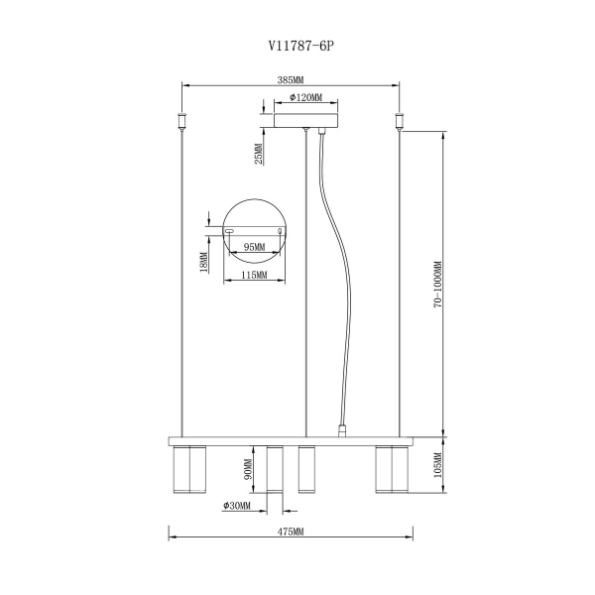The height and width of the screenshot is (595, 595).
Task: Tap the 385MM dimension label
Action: tap(291, 80)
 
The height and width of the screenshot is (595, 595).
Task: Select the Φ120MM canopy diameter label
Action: tap(305, 97)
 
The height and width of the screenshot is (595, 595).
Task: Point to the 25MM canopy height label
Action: tap(259, 154)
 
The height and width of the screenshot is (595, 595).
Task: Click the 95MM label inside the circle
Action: tap(254, 247)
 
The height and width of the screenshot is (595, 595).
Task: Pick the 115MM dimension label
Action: tap(254, 275)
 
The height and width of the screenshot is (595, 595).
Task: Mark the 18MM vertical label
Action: tap(203, 263)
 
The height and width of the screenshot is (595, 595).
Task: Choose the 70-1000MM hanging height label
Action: tap(438, 284)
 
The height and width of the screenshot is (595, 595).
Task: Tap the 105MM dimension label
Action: tap(438, 465)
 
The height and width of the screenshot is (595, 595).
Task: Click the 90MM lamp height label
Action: tap(248, 469)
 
